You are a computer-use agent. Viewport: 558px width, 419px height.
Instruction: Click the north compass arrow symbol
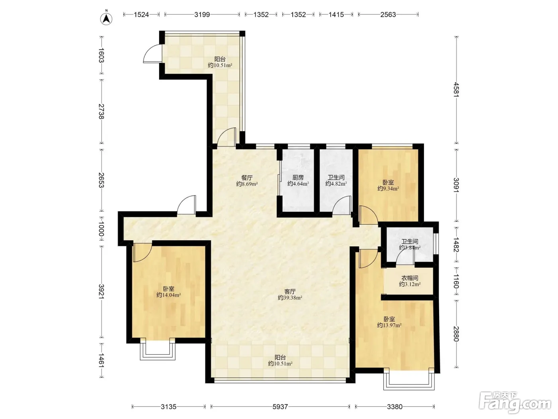pos(106,18)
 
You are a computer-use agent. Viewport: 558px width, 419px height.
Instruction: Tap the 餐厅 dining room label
pos(247,178)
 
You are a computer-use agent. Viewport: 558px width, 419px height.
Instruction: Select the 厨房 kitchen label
pos(298,178)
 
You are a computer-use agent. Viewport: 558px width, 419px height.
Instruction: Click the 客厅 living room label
pos(290,291)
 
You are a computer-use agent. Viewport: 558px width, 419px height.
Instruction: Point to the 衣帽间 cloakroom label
pos(410,278)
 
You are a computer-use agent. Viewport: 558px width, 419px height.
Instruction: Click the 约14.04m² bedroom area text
pos(169,295)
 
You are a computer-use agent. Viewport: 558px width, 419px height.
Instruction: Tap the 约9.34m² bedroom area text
pos(388,188)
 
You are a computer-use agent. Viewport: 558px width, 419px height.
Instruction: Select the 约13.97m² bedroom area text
pos(389,325)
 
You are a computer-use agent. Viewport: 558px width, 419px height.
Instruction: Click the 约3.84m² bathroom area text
pos(410,247)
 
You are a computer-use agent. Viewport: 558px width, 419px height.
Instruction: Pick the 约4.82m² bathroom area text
pos(336,184)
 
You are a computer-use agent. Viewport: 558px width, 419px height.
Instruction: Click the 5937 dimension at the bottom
pos(280,407)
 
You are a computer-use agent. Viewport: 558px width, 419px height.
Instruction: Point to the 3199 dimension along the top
pos(202,14)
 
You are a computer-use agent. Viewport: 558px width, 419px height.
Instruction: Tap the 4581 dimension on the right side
pos(456,89)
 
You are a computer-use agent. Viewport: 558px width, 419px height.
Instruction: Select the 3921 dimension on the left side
pos(101,292)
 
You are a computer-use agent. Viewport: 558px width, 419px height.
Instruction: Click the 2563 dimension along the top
pos(388,14)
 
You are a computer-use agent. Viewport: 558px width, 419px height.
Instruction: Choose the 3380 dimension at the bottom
pos(395,407)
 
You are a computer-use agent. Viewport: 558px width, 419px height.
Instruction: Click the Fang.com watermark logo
pos(515,403)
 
